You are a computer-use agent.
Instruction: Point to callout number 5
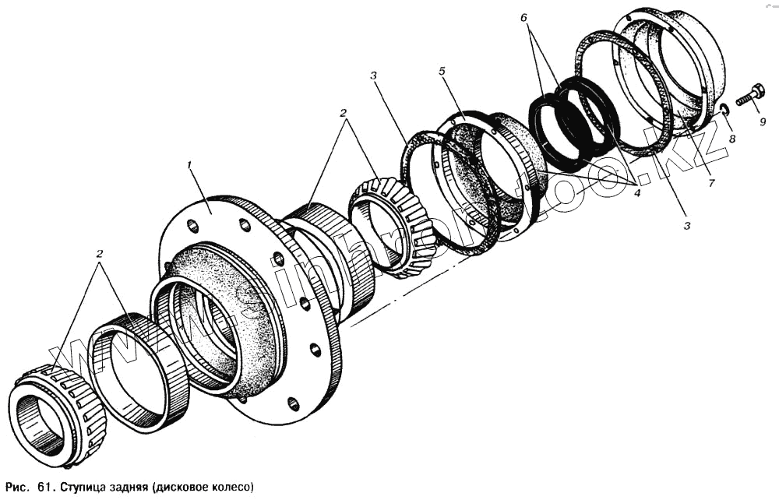click(442, 71)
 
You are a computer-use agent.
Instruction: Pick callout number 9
click(763, 121)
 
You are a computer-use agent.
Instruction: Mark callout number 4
click(636, 192)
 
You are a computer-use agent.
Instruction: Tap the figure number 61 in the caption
click(43, 488)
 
